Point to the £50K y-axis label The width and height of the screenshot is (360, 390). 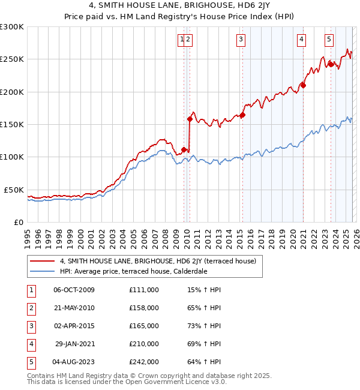[14, 190]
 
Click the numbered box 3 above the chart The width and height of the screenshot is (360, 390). [241, 40]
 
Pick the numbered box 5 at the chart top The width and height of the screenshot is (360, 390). [329, 40]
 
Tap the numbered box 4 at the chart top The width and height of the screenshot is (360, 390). [301, 40]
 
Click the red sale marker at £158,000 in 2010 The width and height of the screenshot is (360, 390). [190, 119]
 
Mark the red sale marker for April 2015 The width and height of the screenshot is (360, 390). [243, 115]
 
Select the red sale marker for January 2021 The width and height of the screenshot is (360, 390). [304, 85]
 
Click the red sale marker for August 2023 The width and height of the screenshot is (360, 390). [330, 64]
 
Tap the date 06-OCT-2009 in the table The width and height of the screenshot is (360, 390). [74, 290]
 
